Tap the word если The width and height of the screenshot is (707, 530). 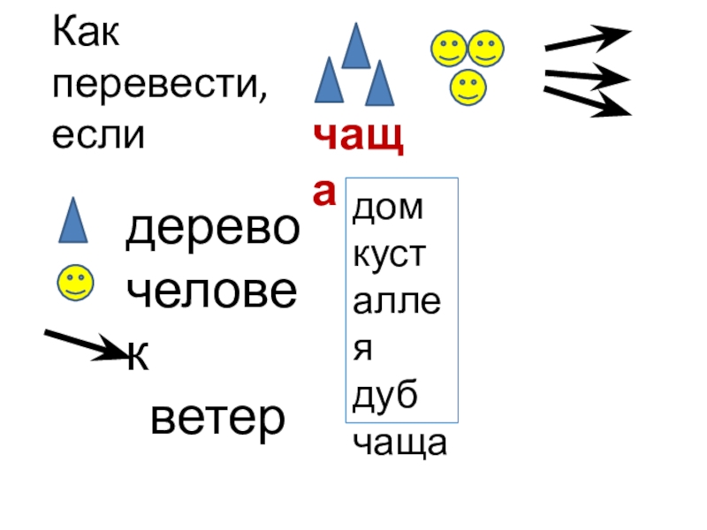[98, 135]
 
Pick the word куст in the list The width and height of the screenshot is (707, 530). [390, 256]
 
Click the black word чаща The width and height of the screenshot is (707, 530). [400, 444]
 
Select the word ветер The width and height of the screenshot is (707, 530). [218, 416]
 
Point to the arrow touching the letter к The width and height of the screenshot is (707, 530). [87, 344]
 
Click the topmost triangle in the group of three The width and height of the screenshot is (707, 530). [356, 48]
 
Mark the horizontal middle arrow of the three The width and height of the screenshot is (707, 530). [587, 77]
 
